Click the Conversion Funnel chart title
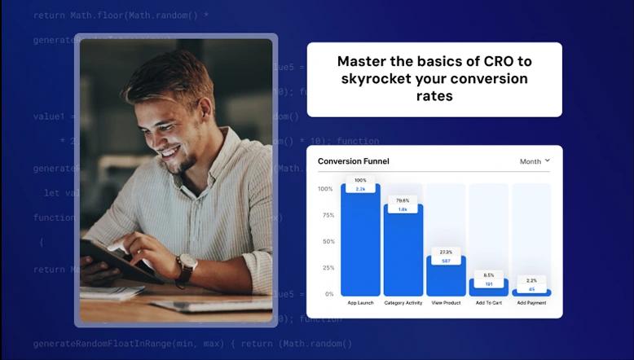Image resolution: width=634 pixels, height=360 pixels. (x=353, y=161)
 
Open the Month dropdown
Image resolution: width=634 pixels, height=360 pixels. (x=535, y=161)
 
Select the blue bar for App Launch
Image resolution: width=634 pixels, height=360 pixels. (x=360, y=244)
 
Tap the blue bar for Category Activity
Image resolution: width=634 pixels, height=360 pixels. (x=403, y=252)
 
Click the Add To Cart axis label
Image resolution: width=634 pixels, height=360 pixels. (x=488, y=303)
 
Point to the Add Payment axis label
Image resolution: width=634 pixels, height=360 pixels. (x=531, y=303)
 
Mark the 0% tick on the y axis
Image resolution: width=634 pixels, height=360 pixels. (x=328, y=294)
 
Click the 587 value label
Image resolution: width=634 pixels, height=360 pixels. (x=446, y=261)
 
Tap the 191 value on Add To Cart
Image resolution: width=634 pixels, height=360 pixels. (x=488, y=284)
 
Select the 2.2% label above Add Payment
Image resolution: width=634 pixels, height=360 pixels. (x=531, y=279)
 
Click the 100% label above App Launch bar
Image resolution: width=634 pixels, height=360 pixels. (x=360, y=180)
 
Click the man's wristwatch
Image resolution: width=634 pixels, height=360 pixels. (x=186, y=263)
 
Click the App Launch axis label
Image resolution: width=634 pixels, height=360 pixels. (x=360, y=303)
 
